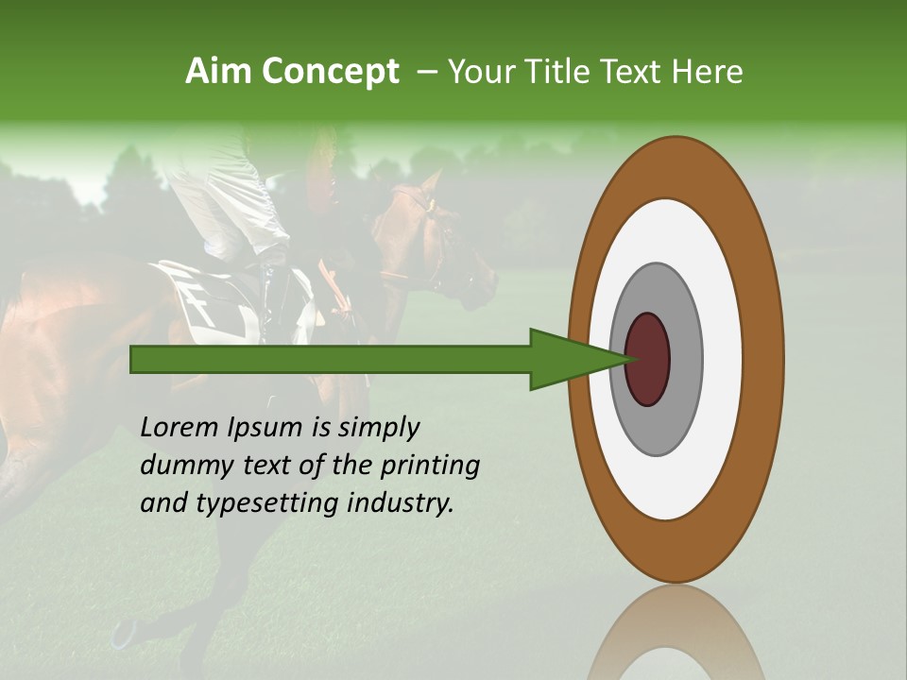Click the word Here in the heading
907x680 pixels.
click(709, 72)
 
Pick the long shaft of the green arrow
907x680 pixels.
click(331, 359)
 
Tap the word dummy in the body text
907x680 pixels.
click(180, 466)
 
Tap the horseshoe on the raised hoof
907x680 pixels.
click(123, 633)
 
